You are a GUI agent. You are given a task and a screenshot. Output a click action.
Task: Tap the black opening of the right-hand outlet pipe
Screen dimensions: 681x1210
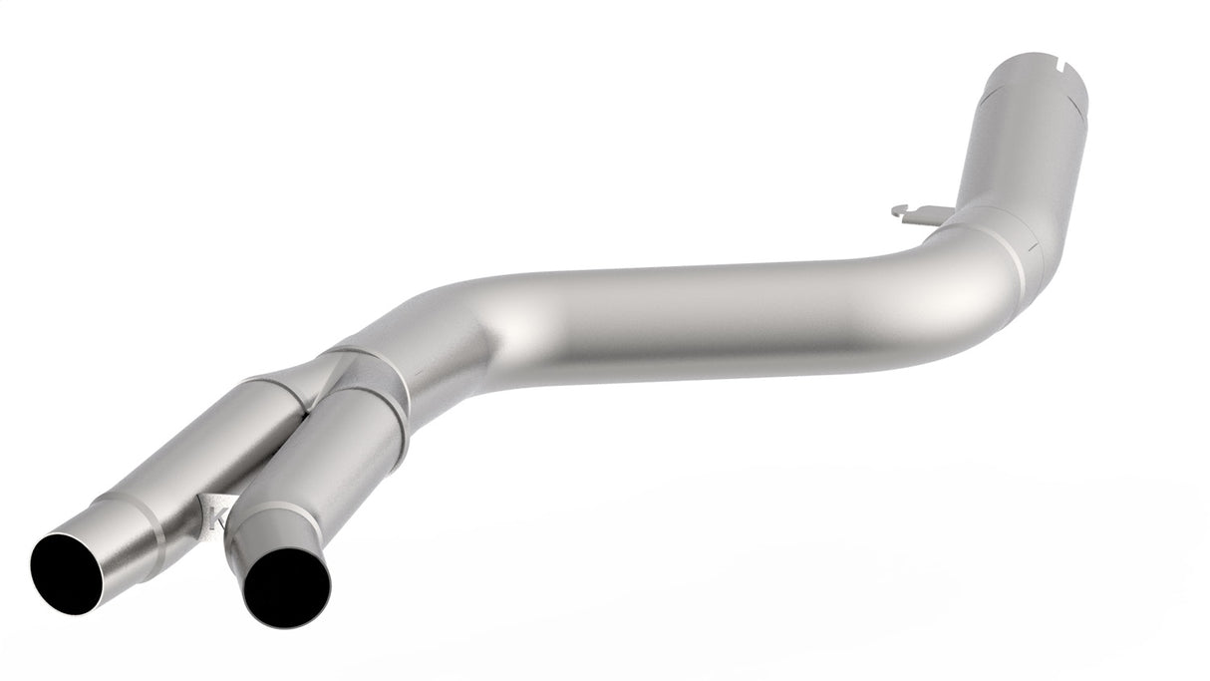coord(286,587)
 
